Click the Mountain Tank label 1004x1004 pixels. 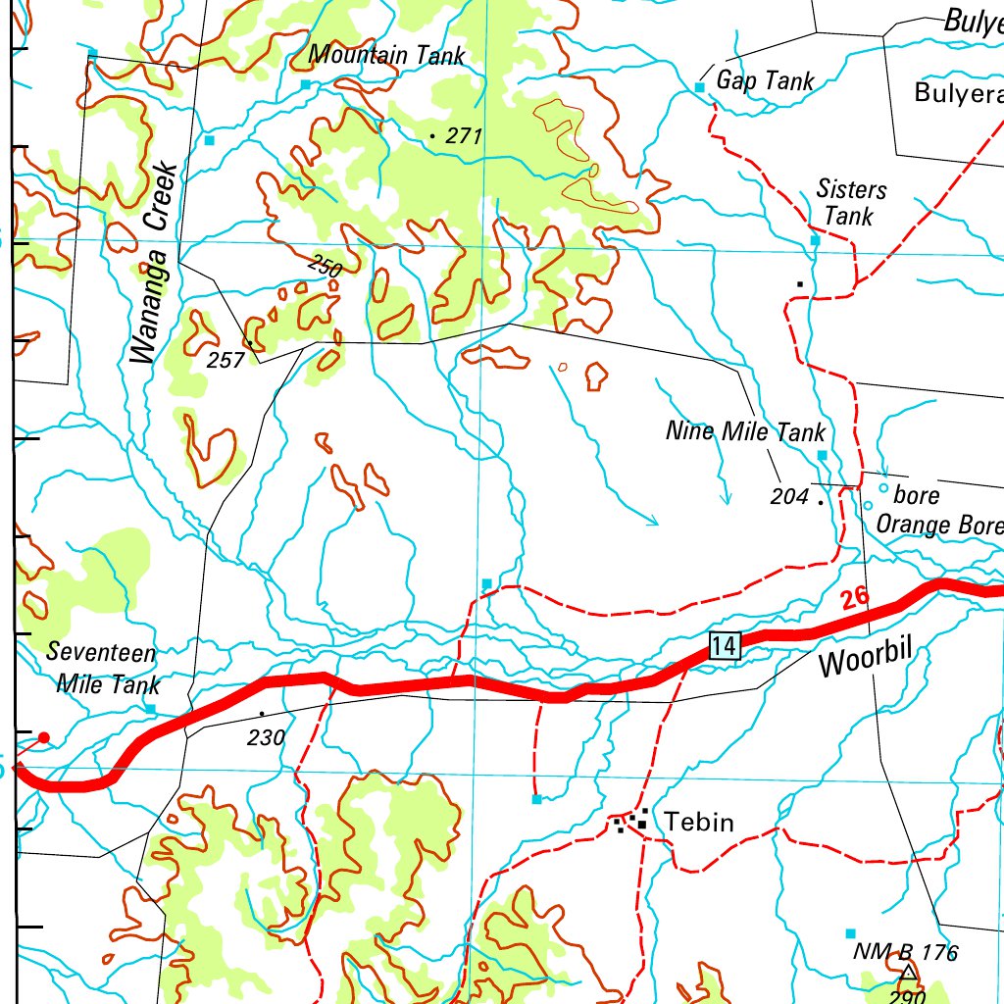(x=386, y=55)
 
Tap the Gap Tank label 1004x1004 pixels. (x=765, y=81)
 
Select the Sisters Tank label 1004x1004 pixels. (x=850, y=203)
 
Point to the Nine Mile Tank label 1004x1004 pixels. (x=745, y=431)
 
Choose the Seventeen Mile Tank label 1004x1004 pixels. (x=103, y=668)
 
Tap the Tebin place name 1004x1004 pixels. (x=699, y=822)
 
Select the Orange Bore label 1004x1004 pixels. (x=939, y=525)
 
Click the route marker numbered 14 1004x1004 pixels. (x=725, y=645)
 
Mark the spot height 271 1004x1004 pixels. (x=463, y=136)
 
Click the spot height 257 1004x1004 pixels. (x=226, y=360)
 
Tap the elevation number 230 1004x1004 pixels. (x=266, y=737)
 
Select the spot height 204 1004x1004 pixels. (x=789, y=497)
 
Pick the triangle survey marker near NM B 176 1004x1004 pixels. (x=908, y=973)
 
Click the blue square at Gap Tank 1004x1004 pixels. (x=700, y=87)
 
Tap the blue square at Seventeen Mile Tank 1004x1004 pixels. (x=150, y=707)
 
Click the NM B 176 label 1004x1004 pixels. (x=905, y=951)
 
